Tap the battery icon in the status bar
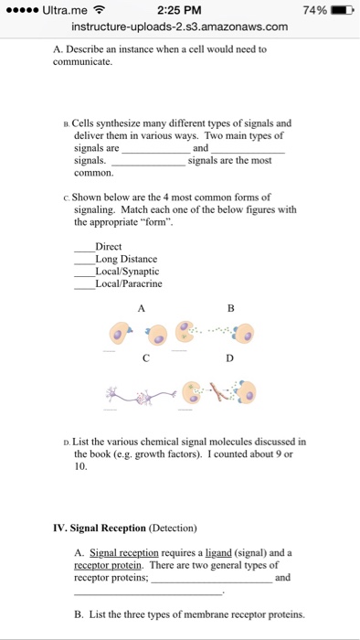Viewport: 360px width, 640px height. [x=339, y=9]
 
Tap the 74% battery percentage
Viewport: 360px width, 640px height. [x=312, y=9]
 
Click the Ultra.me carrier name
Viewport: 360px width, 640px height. [x=65, y=9]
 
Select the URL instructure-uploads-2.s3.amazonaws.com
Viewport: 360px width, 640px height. [x=180, y=27]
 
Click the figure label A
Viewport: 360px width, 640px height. [x=142, y=308]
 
